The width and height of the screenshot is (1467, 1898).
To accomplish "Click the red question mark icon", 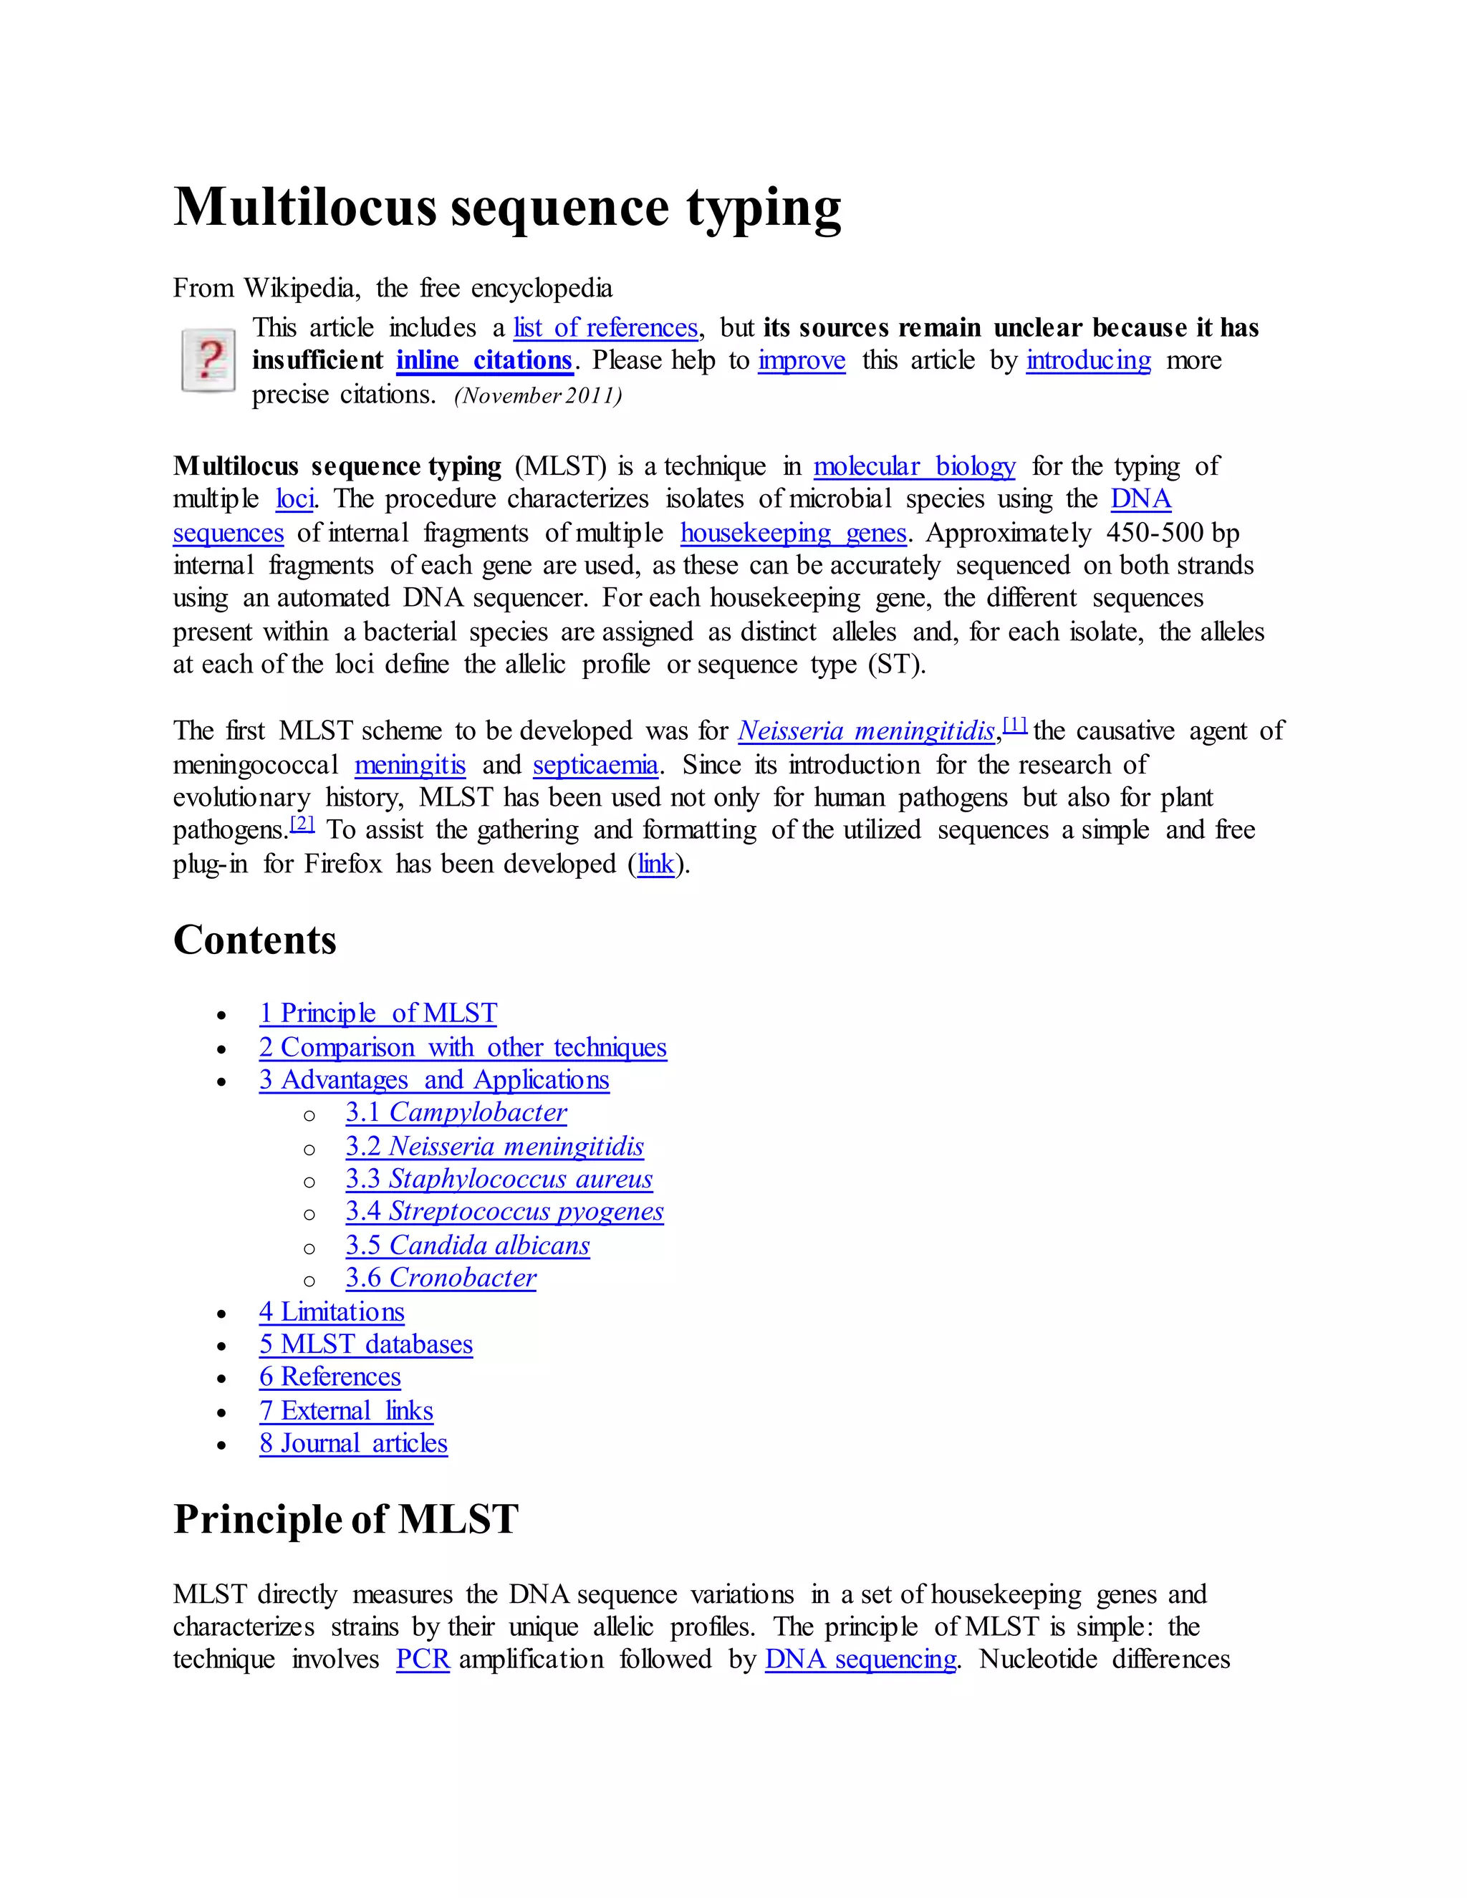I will (x=208, y=360).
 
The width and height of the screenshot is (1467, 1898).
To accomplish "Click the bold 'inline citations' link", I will (x=484, y=361).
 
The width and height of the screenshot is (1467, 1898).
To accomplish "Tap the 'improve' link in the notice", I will (x=802, y=361).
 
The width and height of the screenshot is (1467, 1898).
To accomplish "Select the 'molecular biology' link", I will (x=913, y=467).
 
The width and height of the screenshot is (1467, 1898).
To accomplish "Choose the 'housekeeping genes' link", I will (x=793, y=533).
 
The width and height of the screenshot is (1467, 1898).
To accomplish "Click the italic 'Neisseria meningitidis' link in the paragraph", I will (x=865, y=731).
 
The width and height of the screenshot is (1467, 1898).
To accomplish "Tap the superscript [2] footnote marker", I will (x=302, y=823).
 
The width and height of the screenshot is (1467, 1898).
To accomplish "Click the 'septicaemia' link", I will (x=595, y=765).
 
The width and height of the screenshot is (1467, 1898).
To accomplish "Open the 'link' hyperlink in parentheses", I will (x=656, y=864).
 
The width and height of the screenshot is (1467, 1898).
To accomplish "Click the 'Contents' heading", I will (x=254, y=940).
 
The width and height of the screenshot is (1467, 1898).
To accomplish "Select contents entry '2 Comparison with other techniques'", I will (x=462, y=1047).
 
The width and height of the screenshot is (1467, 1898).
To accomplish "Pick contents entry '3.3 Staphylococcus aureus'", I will (x=498, y=1180).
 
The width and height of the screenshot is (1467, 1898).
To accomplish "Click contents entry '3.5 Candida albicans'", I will (x=467, y=1246).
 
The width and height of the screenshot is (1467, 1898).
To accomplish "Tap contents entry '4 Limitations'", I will (x=331, y=1311).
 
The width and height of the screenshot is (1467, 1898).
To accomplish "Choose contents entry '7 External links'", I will (x=345, y=1410).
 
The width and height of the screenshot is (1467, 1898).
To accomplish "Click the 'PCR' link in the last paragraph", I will (x=423, y=1659).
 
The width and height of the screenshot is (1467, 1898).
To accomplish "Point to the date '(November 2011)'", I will (x=538, y=396).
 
